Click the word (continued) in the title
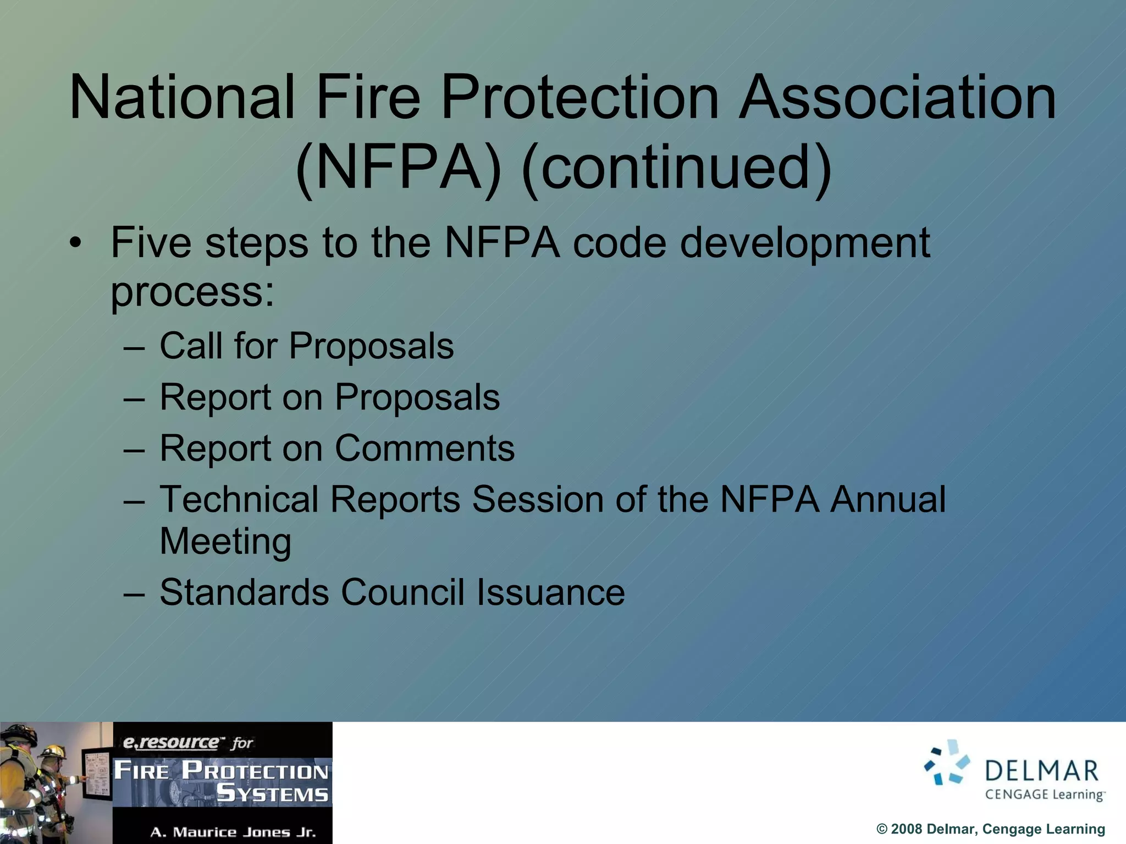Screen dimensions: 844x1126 (676, 168)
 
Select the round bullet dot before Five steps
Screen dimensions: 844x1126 (76, 243)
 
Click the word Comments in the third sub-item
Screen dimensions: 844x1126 (424, 448)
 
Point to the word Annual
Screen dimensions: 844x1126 (888, 499)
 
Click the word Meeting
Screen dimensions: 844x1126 (225, 542)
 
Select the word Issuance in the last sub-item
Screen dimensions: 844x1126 (550, 592)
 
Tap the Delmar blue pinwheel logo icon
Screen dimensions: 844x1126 (946, 762)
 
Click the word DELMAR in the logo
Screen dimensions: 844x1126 (1041, 771)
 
